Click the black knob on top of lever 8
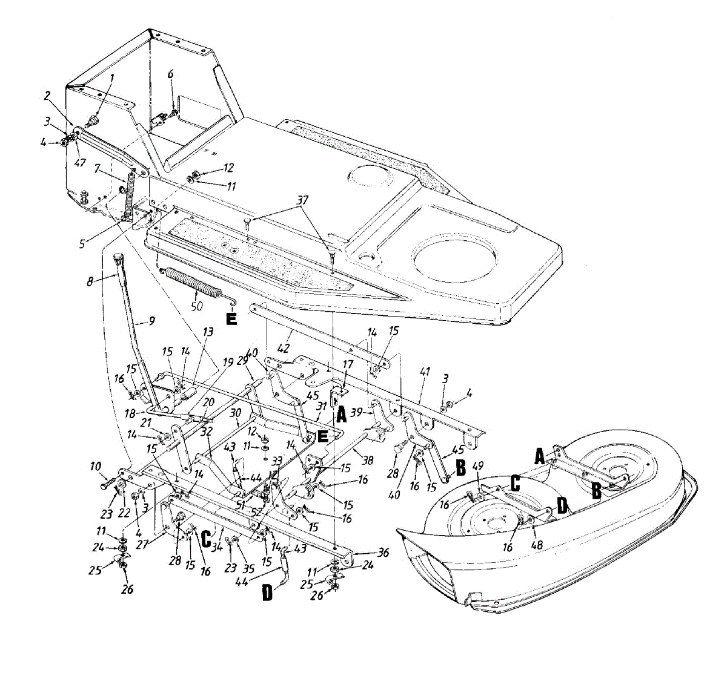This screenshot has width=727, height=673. [117, 260]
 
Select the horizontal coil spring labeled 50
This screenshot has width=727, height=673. [192, 284]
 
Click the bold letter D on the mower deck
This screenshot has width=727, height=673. [562, 505]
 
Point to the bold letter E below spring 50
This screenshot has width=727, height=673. [231, 319]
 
